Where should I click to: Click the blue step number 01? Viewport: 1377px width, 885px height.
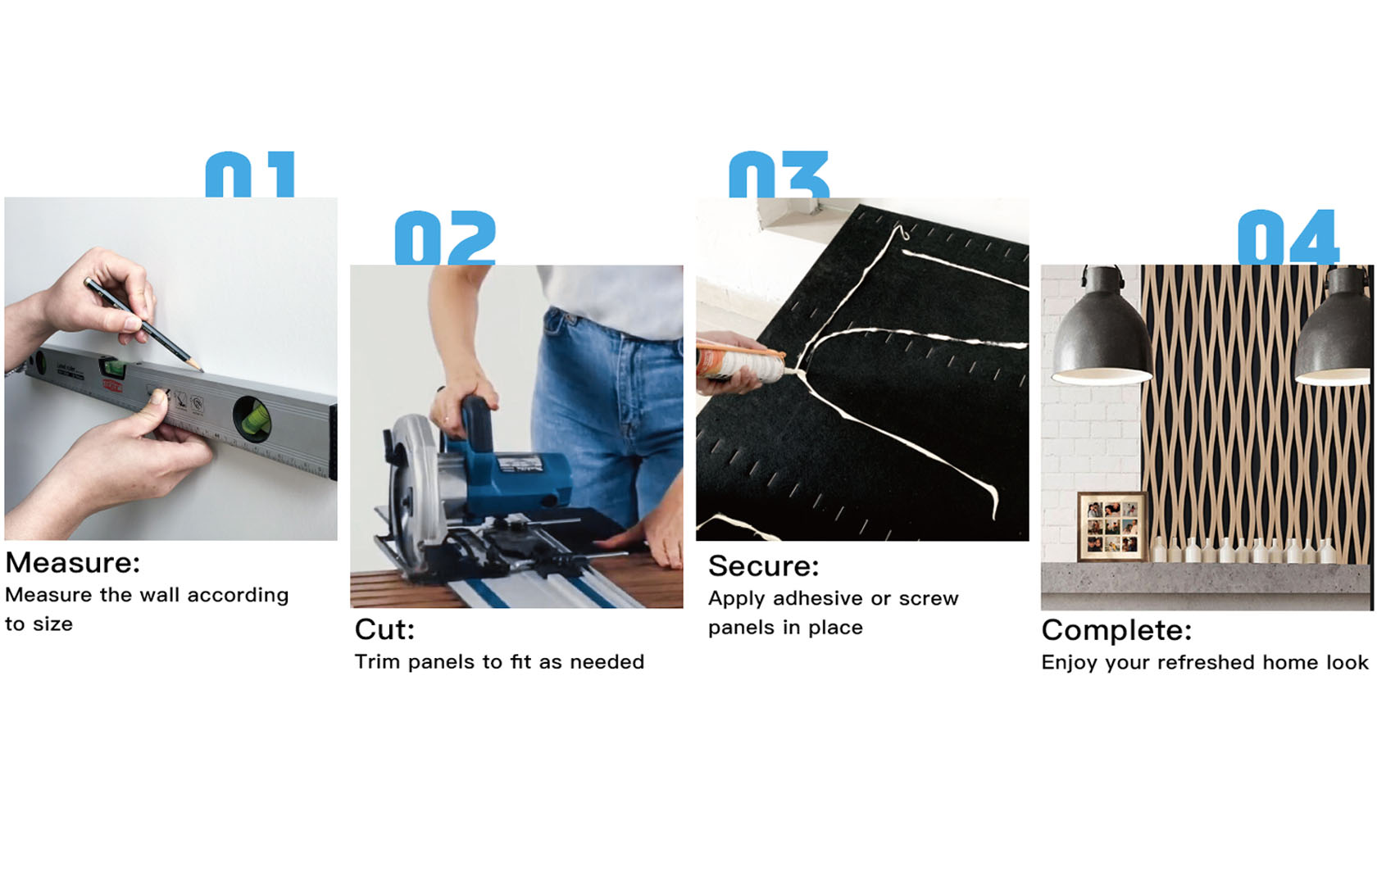(250, 175)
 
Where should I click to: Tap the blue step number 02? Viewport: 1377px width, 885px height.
(445, 238)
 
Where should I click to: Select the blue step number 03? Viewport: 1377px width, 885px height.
(779, 175)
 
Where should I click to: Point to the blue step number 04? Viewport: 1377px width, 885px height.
(1288, 238)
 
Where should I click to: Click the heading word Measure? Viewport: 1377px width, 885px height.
(73, 563)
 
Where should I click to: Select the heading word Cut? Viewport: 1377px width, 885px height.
(385, 630)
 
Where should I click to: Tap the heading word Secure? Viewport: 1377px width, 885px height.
(764, 566)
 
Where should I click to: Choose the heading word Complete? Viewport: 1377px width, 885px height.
(1116, 631)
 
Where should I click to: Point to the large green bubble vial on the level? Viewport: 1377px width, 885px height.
(253, 420)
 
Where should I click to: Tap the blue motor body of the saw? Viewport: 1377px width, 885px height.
(510, 479)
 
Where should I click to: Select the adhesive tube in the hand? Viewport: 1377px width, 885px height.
(741, 362)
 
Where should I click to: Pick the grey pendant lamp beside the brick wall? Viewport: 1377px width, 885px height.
(1102, 331)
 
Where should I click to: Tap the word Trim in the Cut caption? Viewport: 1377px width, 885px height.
(377, 662)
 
